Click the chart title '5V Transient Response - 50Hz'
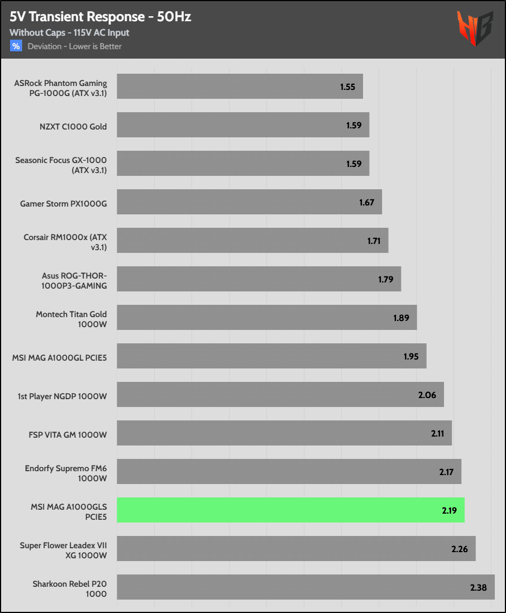tap(100, 17)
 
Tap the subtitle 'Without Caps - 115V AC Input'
tap(69, 33)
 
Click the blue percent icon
tap(16, 46)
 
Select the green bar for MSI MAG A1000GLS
tap(290, 510)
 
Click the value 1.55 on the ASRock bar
tap(347, 87)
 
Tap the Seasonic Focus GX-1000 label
tap(61, 165)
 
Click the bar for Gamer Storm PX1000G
tap(249, 202)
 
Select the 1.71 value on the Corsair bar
tap(374, 241)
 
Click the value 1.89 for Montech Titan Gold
tap(401, 318)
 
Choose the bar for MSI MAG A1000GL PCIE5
tap(271, 356)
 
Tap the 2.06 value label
tap(427, 395)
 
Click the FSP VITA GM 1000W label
tap(68, 434)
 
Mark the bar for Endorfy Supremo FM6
tap(289, 472)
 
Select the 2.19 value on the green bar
tap(448, 510)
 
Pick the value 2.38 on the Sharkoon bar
tap(479, 588)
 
